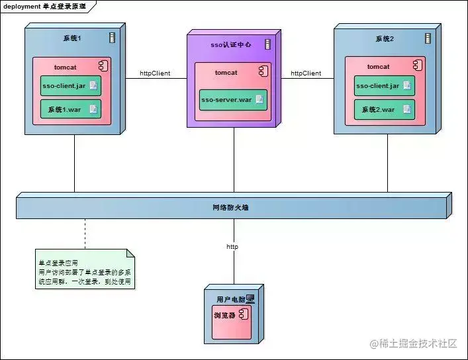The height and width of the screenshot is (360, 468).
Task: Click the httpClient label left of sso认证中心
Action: click(155, 73)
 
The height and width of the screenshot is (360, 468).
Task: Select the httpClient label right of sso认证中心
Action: click(306, 73)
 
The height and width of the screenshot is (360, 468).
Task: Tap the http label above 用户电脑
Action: click(232, 247)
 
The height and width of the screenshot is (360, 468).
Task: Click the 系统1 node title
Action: click(71, 38)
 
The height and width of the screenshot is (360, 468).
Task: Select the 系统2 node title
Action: click(383, 38)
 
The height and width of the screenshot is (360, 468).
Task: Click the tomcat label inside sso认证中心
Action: click(226, 73)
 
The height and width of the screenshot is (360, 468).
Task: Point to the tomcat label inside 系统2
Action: click(378, 66)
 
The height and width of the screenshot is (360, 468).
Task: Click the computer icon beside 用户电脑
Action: click(250, 299)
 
